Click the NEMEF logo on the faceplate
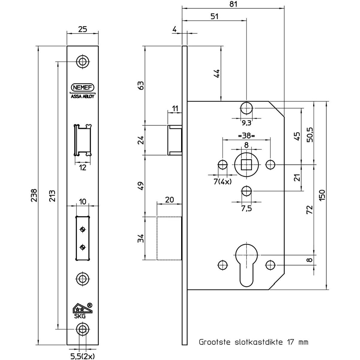pyautogui.click(x=82, y=87)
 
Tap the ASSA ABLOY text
pyautogui.click(x=82, y=97)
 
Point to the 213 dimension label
pyautogui.click(x=52, y=196)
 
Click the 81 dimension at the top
pyautogui.click(x=233, y=4)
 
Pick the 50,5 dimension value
pyautogui.click(x=310, y=135)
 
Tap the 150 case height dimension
pyautogui.click(x=322, y=195)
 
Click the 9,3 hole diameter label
pyautogui.click(x=247, y=123)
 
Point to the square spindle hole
pyautogui.click(x=246, y=165)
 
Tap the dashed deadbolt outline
pyautogui.click(x=169, y=238)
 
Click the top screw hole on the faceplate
pyautogui.click(x=82, y=61)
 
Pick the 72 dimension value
pyautogui.click(x=310, y=209)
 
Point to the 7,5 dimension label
pyautogui.click(x=246, y=208)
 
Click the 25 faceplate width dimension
pyautogui.click(x=82, y=29)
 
